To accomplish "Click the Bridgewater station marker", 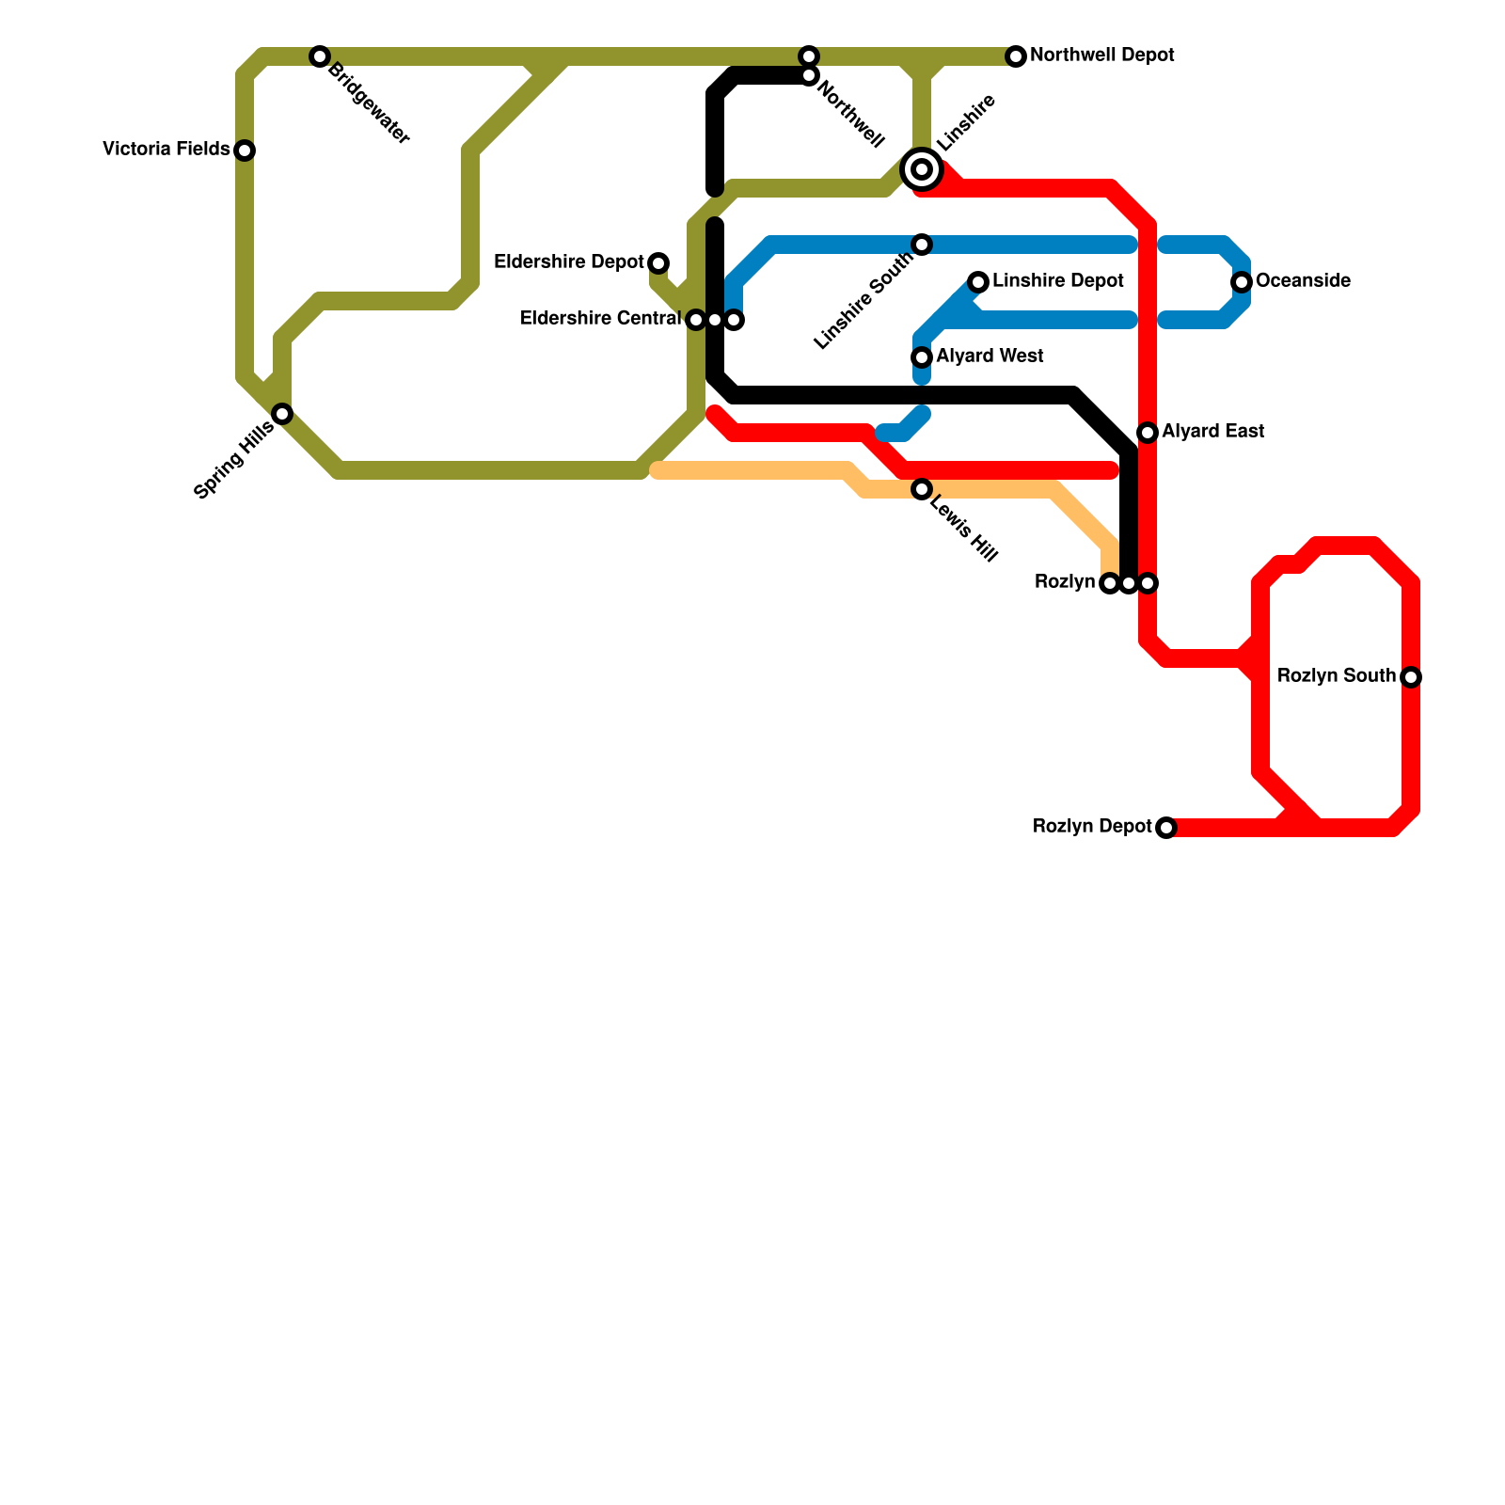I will (x=320, y=56).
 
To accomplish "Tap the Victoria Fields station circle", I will (x=245, y=150).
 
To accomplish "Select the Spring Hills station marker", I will (x=282, y=414).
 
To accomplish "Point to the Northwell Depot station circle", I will (x=1016, y=56).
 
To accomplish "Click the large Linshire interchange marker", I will (x=922, y=169).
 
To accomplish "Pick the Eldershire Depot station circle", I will (x=658, y=263).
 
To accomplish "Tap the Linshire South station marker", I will (x=922, y=245).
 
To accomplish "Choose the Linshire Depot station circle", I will (x=978, y=282).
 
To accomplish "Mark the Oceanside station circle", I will (x=1242, y=282).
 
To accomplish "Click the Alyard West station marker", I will (x=922, y=357).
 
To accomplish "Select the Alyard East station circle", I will (x=1148, y=433).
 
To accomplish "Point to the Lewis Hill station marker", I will (x=922, y=489).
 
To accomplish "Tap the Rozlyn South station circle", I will (x=1411, y=677).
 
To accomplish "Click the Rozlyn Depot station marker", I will (x=1166, y=828).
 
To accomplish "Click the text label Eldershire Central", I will (x=600, y=319).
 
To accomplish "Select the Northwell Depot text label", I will (x=1101, y=55).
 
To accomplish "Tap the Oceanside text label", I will (x=1303, y=281).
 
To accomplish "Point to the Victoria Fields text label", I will (x=166, y=150).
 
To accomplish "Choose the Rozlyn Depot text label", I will (x=1092, y=827).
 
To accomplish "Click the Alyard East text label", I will (x=1212, y=432).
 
